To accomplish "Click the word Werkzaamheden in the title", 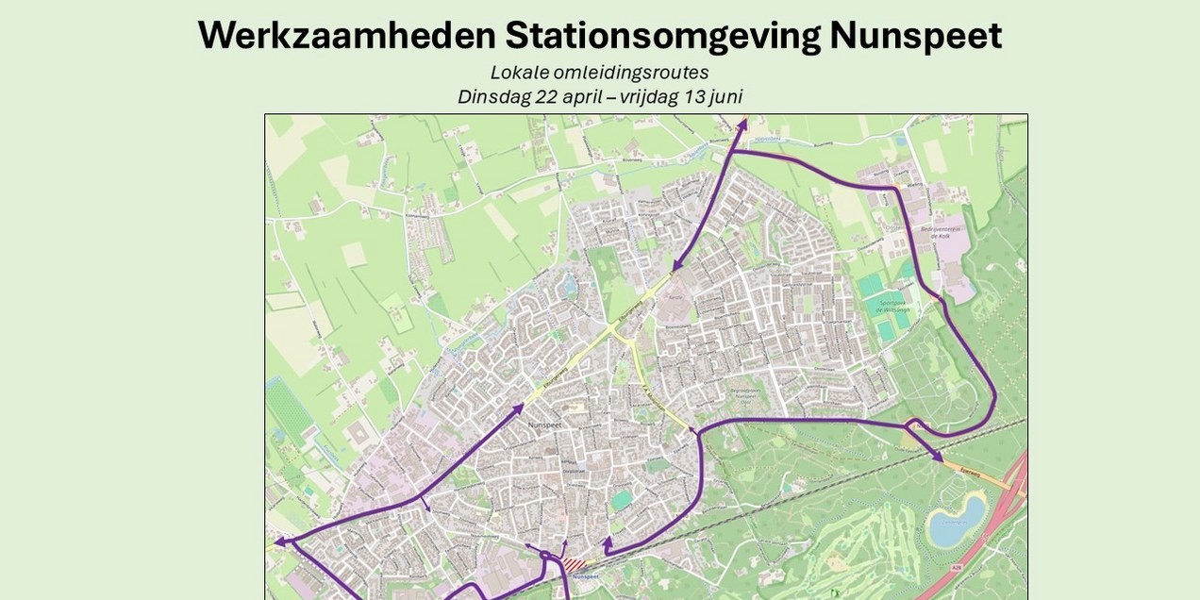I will click(346, 36).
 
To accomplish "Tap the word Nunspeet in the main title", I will click(915, 36).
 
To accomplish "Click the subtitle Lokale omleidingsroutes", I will click(599, 73).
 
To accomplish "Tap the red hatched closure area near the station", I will click(574, 564).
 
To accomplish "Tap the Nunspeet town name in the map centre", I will click(544, 425).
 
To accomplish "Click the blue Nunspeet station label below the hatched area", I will click(585, 576).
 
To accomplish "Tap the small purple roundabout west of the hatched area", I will click(545, 556).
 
